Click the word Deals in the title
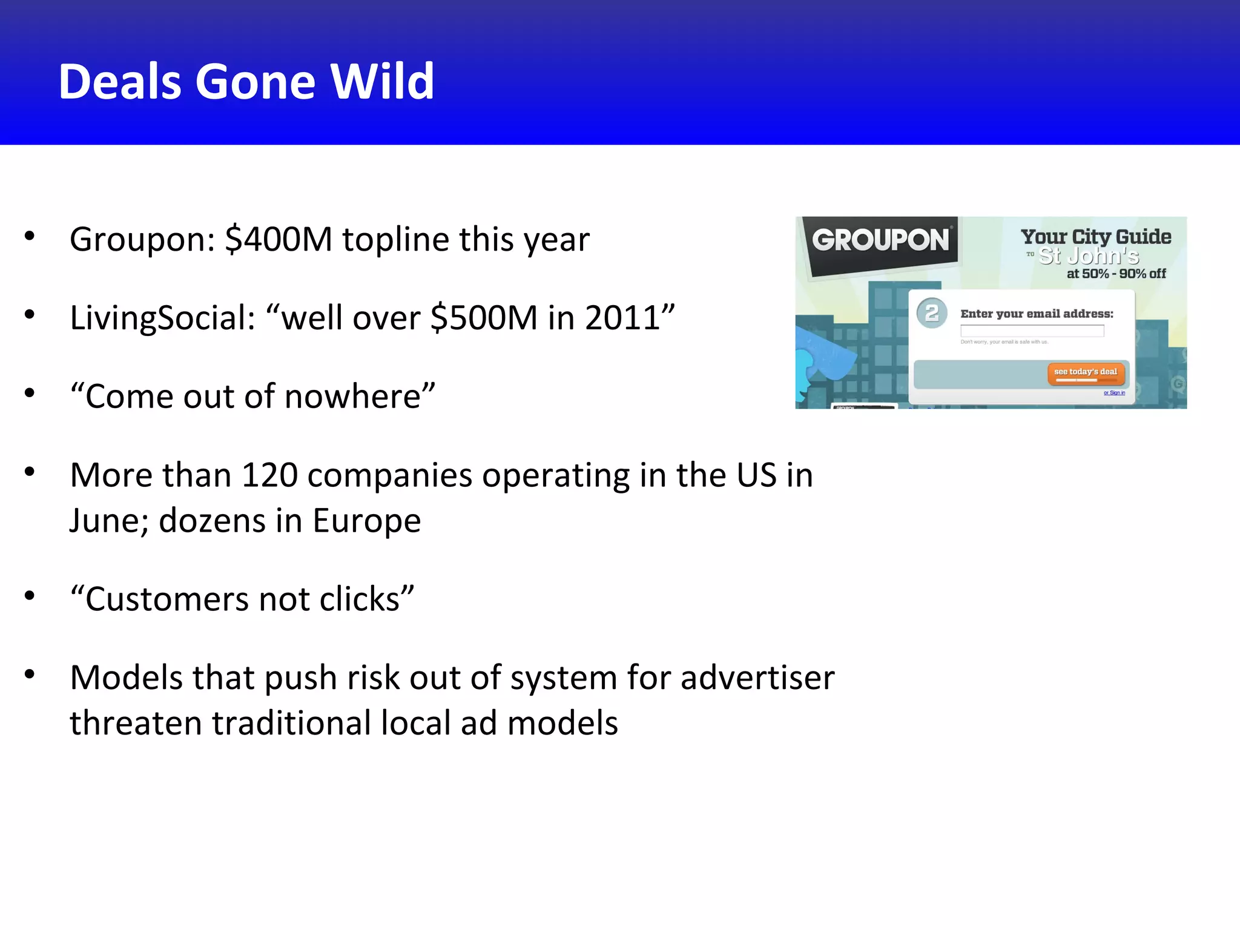pyautogui.click(x=119, y=82)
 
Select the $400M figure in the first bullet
pyautogui.click(x=278, y=239)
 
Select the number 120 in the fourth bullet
pyautogui.click(x=269, y=475)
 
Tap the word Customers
pyautogui.click(x=167, y=599)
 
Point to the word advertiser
pyautogui.click(x=757, y=678)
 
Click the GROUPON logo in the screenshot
pyautogui.click(x=880, y=240)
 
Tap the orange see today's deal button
pyautogui.click(x=1086, y=373)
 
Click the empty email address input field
pyautogui.click(x=1032, y=331)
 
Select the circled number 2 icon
pyautogui.click(x=932, y=313)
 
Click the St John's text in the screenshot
pyautogui.click(x=1089, y=256)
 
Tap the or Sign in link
pyautogui.click(x=1114, y=393)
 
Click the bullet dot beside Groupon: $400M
pyautogui.click(x=30, y=236)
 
